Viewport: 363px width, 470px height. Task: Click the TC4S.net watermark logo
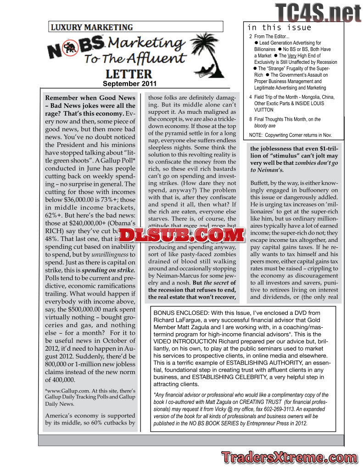(x=318, y=12)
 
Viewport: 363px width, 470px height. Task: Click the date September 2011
(x=129, y=84)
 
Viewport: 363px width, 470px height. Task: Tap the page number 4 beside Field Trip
(x=250, y=97)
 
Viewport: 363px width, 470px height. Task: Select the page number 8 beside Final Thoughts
(x=250, y=119)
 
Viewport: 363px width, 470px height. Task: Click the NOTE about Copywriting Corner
(x=290, y=135)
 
